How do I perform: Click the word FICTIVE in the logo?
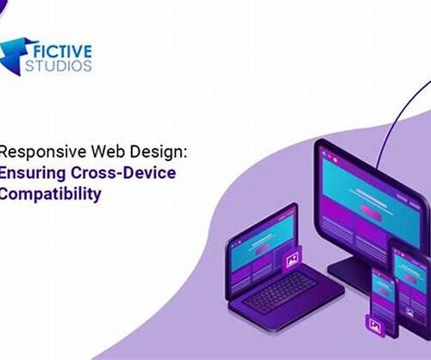coord(63,52)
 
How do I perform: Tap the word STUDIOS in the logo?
coord(59,65)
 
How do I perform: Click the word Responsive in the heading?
coord(43,152)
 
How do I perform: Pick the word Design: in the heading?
coord(159,152)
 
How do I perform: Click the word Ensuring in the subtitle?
coord(32,174)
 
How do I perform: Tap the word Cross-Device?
coord(123,173)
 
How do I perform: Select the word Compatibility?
coord(50,195)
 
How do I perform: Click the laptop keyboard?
coord(280,292)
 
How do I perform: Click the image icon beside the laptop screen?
coord(292,260)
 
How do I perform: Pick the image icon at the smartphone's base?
coord(374,326)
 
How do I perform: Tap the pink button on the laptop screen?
coord(262,249)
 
